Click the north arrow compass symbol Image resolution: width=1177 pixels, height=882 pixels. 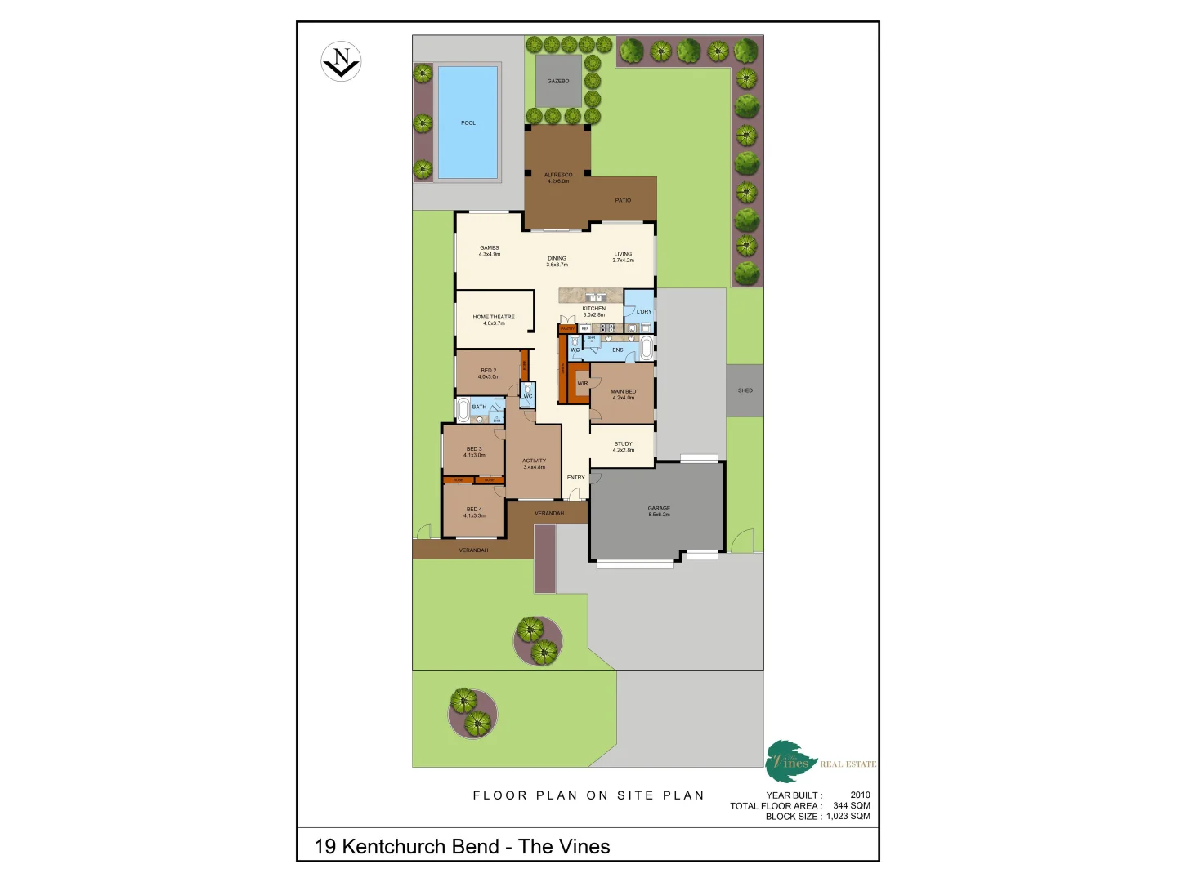[x=341, y=61]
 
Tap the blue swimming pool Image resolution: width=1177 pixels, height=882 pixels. [x=468, y=122]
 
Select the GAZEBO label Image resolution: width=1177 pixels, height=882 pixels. [x=558, y=81]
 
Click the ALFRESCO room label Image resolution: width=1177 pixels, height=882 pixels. [x=558, y=175]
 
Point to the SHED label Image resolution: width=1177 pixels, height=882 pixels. [x=745, y=390]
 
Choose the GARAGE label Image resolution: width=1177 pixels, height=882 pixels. [x=659, y=508]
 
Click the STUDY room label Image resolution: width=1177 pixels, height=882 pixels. [x=623, y=444]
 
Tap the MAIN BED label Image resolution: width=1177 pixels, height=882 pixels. [x=623, y=391]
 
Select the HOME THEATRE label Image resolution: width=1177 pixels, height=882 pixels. [x=494, y=317]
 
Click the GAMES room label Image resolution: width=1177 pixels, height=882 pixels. [x=490, y=247]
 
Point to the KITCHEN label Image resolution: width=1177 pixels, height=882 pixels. [x=594, y=309]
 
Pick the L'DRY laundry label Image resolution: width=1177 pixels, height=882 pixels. [x=644, y=311]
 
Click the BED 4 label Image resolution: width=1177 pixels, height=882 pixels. [x=474, y=510]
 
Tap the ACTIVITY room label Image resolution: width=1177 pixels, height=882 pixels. [x=534, y=461]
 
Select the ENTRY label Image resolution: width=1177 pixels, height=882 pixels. [x=576, y=477]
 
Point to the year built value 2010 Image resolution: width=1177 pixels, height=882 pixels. [x=860, y=795]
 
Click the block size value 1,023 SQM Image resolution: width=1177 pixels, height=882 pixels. [x=848, y=816]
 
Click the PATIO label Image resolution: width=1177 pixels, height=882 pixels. [x=623, y=200]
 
